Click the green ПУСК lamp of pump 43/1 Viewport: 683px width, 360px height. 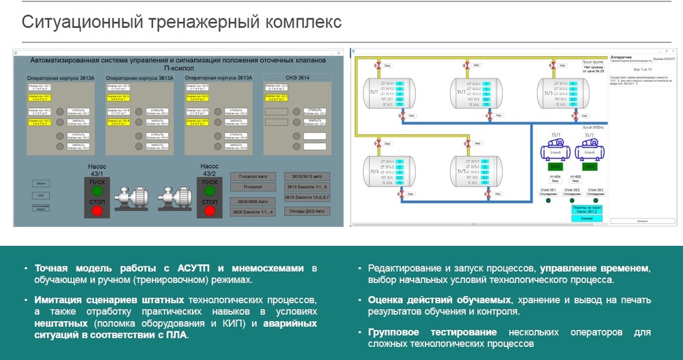pos(96,191)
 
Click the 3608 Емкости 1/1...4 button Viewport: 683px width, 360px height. pos(253,212)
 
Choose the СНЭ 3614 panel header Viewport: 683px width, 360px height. pos(297,79)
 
